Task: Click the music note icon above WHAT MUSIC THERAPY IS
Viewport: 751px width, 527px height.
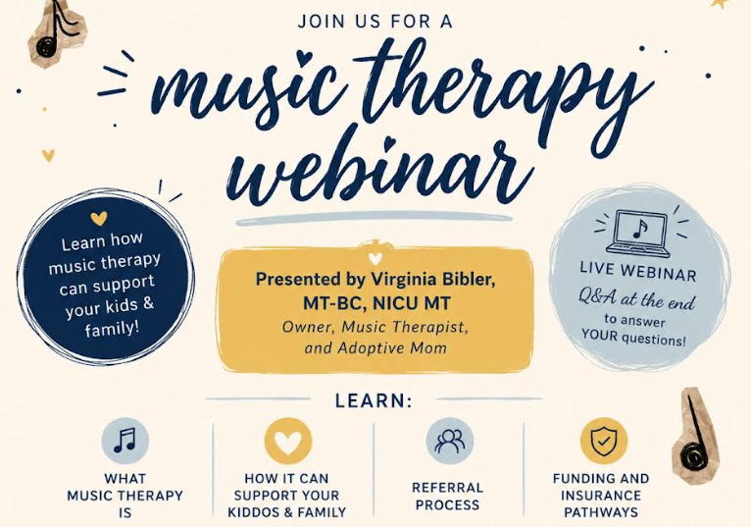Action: click(125, 441)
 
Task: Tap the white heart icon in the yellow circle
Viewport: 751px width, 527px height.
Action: click(288, 442)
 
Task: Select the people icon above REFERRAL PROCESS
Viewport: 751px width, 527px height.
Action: click(449, 441)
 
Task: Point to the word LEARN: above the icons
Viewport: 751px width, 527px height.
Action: click(374, 400)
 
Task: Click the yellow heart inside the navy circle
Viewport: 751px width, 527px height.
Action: click(99, 218)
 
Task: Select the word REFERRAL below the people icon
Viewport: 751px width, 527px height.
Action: click(447, 488)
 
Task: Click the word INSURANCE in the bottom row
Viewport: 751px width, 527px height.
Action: click(601, 495)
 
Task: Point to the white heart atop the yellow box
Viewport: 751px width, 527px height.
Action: click(375, 259)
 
